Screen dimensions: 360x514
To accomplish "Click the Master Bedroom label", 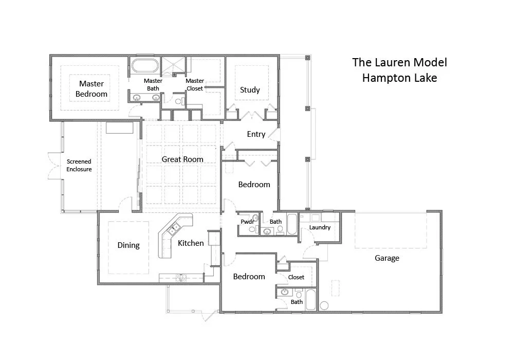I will (x=91, y=88).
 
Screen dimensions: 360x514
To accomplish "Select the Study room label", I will (x=250, y=90).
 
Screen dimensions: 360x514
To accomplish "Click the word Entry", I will (x=256, y=134).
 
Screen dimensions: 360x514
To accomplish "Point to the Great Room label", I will (x=182, y=159).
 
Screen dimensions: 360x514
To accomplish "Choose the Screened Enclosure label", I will (x=79, y=165).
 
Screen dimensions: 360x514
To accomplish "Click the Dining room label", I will (x=128, y=245).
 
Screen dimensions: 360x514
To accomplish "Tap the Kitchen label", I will (x=191, y=243).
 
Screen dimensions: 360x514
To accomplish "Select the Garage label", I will (x=387, y=258).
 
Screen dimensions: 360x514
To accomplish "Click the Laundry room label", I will (x=320, y=227).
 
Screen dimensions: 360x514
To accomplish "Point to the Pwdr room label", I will (x=248, y=222).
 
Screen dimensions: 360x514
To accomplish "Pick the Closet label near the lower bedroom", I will (x=296, y=277).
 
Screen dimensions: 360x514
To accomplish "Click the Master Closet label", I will (x=195, y=84).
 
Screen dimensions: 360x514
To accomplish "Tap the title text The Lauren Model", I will (x=399, y=62).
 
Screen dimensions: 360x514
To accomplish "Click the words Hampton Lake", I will (x=399, y=78).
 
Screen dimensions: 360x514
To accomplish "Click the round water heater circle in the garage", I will (x=324, y=305).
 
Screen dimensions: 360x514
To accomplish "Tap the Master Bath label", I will (x=153, y=84).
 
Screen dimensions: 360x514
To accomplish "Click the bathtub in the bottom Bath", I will (x=310, y=300).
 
